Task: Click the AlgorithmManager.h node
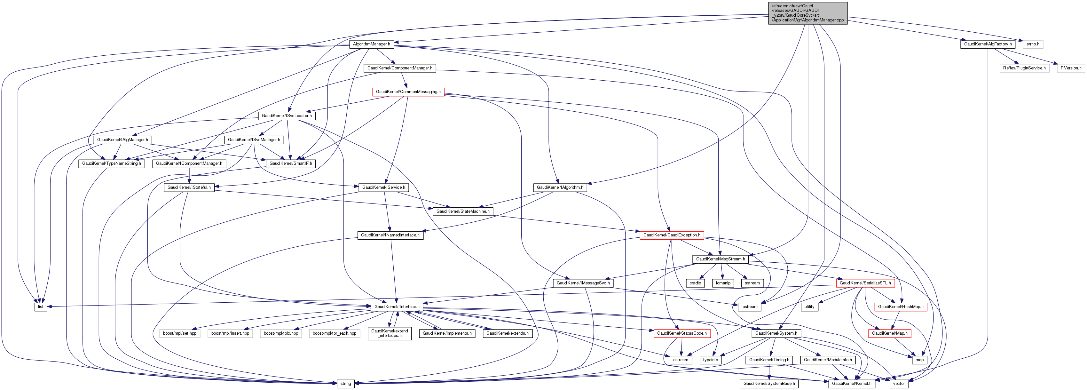[x=371, y=44]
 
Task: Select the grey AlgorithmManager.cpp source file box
[x=807, y=13]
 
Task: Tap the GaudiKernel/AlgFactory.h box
[x=988, y=44]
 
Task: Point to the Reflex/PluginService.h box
[x=1024, y=68]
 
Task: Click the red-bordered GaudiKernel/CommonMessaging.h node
[x=408, y=92]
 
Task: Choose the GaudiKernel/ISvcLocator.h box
[x=287, y=115]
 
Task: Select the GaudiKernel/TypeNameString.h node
[x=111, y=163]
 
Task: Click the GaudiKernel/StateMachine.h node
[x=463, y=211]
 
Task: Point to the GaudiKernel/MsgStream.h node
[x=720, y=259]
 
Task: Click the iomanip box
[x=723, y=283]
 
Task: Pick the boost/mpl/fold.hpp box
[x=280, y=333]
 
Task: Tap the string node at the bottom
[x=346, y=384]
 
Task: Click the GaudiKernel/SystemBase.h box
[x=769, y=384]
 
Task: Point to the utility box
[x=809, y=307]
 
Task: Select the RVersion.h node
[x=1071, y=68]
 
